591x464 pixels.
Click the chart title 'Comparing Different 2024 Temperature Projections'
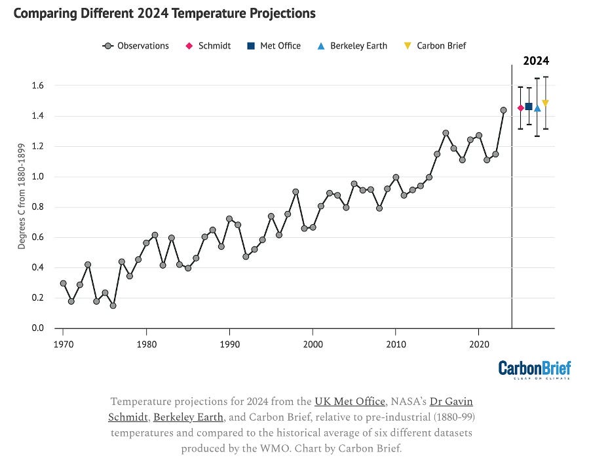tap(164, 13)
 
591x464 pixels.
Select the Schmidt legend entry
tap(210, 46)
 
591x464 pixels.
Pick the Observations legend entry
tap(136, 46)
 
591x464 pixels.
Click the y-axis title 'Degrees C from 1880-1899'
tap(22, 207)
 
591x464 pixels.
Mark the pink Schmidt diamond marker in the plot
tap(520, 108)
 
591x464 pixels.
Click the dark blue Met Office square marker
tap(529, 106)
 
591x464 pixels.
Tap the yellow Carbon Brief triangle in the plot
tap(545, 103)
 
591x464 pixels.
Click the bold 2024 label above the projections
tap(535, 61)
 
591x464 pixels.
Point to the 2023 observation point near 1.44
tap(504, 110)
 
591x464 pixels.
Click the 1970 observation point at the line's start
tap(63, 283)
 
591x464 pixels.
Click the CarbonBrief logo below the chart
tap(534, 369)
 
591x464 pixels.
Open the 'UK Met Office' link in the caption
tap(349, 401)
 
